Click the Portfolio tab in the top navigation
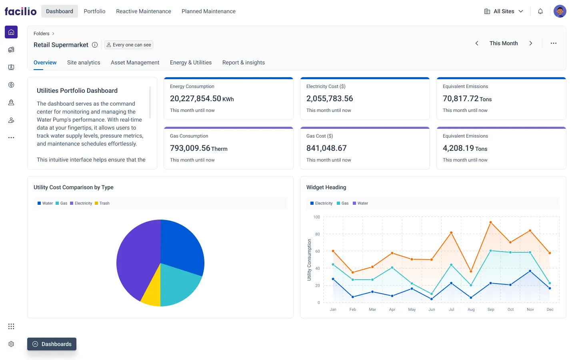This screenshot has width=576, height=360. (x=94, y=11)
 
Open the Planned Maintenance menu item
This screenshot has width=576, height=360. (x=208, y=11)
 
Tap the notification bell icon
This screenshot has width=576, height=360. (x=540, y=11)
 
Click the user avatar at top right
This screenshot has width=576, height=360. (x=560, y=11)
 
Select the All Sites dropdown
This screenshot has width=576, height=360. (x=504, y=11)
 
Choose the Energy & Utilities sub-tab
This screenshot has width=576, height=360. (x=190, y=62)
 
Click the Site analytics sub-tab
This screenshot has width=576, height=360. (x=84, y=62)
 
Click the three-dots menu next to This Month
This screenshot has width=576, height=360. (x=553, y=43)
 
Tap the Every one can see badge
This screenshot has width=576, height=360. (x=129, y=45)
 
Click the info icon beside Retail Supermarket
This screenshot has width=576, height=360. (x=95, y=45)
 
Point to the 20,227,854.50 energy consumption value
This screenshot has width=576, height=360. (x=195, y=98)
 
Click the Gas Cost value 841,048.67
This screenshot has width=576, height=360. (x=326, y=148)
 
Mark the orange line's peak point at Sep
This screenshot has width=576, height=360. (x=490, y=222)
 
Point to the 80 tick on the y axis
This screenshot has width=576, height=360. (x=317, y=234)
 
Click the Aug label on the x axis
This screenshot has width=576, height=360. (x=471, y=309)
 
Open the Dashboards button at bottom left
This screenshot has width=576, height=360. (x=52, y=344)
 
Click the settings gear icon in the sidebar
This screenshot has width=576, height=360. (x=11, y=344)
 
